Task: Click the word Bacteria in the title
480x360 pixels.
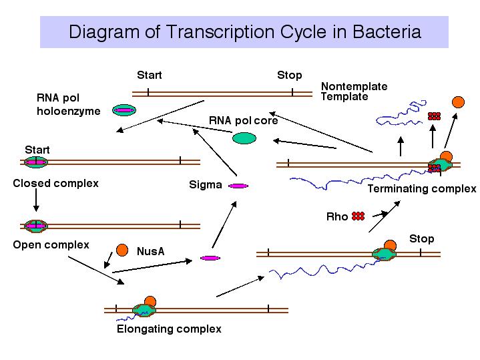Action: click(x=387, y=32)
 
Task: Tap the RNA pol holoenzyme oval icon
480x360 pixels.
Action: click(x=124, y=110)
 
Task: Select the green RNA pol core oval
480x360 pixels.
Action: click(x=244, y=138)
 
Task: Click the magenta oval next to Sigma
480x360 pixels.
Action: click(x=238, y=186)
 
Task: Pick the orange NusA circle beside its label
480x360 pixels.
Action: click(x=122, y=250)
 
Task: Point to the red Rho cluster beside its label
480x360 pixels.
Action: click(x=358, y=216)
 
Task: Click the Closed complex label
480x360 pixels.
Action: click(x=55, y=183)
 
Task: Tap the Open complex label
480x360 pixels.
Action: click(x=51, y=245)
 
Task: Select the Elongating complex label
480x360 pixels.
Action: click(x=169, y=329)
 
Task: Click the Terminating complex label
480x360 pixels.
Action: click(x=422, y=189)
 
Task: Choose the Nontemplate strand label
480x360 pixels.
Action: click(x=354, y=86)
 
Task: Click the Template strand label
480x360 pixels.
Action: click(x=344, y=96)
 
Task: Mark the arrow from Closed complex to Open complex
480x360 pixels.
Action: click(x=36, y=200)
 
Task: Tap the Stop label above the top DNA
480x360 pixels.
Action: click(x=290, y=75)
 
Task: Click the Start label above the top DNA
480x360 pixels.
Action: click(x=150, y=75)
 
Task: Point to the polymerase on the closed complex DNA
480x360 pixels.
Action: click(x=36, y=162)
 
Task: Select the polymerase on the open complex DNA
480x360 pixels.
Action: click(x=36, y=226)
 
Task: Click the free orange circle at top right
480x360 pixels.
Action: click(x=458, y=102)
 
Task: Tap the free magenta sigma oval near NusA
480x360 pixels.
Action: click(x=210, y=258)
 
